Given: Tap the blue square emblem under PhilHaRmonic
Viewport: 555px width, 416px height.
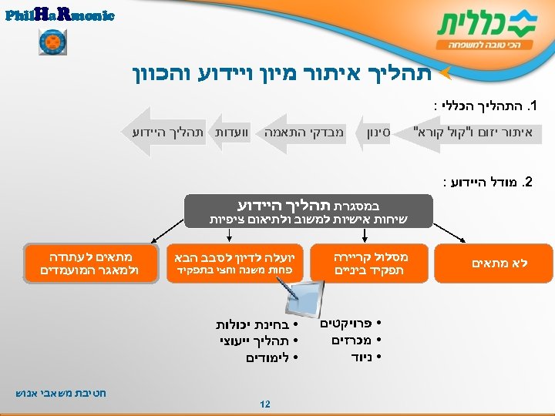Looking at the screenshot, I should coord(53,42).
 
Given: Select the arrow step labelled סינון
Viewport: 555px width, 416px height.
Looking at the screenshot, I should coord(378,133).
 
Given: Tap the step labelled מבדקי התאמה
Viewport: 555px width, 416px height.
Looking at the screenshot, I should coord(304,133).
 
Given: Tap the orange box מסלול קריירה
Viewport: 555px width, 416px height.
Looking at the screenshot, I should coord(370,263).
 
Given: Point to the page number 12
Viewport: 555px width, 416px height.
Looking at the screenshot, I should coord(264,404).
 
